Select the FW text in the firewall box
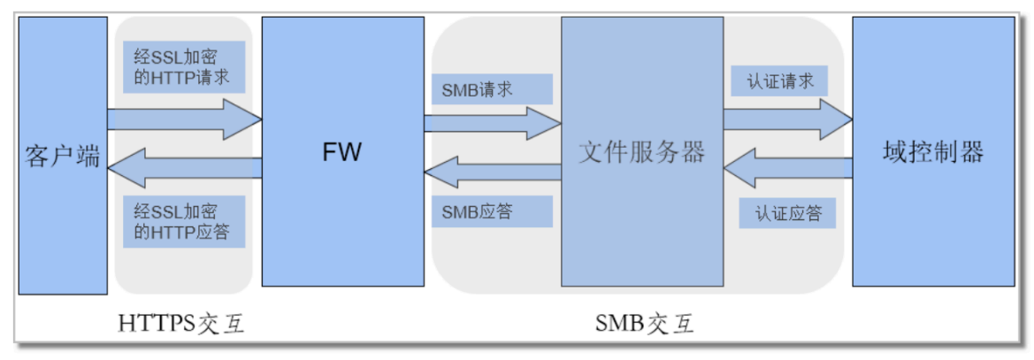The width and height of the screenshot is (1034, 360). [x=341, y=152]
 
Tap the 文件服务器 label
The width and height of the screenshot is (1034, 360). [x=642, y=152]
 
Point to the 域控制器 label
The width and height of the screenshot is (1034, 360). [x=933, y=152]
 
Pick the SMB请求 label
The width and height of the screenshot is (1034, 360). [x=478, y=89]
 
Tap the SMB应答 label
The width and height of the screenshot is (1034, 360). [x=478, y=211]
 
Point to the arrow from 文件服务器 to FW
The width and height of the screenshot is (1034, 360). [x=492, y=171]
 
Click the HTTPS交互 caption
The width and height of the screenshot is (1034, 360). [x=181, y=326]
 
